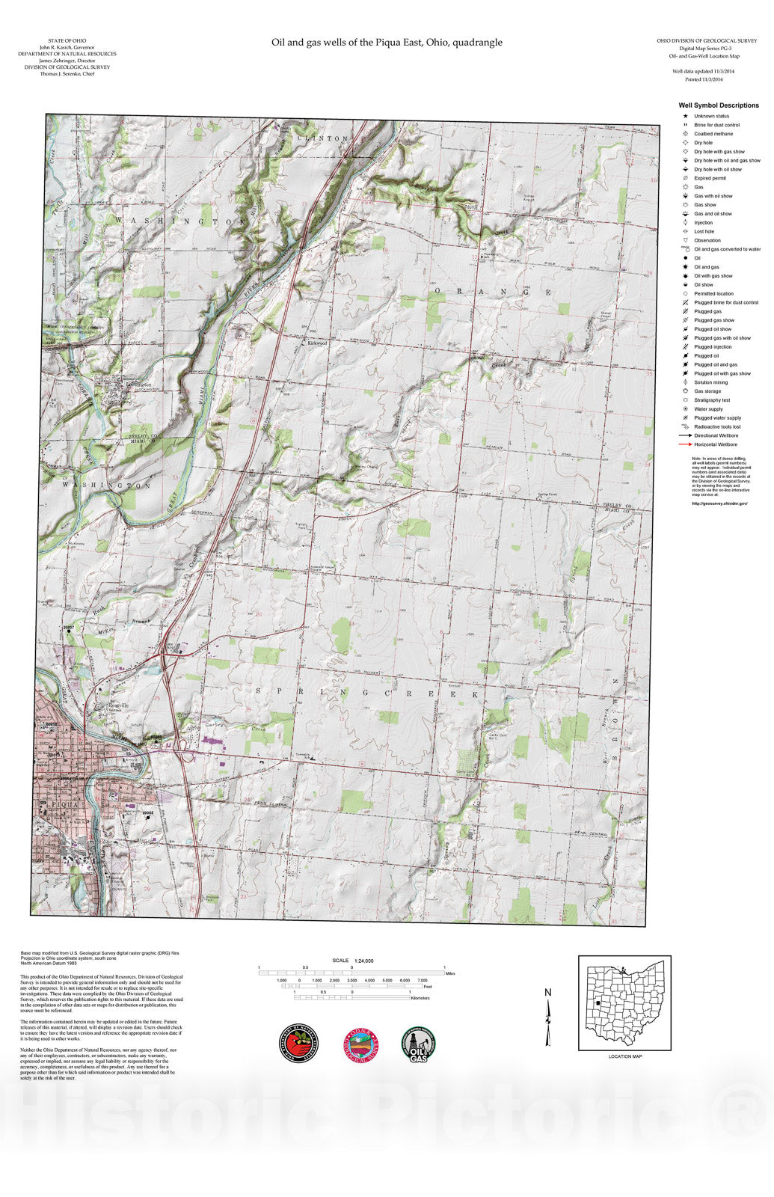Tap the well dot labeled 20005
coord(148,817)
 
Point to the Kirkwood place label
coord(317,343)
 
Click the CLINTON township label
coord(322,139)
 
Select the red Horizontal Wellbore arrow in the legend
coord(684,444)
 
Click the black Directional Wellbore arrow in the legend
coord(684,435)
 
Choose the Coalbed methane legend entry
coord(713,134)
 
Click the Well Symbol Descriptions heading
coord(718,105)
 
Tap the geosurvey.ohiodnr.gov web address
coord(719,503)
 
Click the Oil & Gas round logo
coord(420,1044)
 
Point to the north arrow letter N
coord(547,993)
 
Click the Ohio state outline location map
coord(625,1002)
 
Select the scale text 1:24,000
coord(363,961)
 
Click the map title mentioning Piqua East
coord(387,43)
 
